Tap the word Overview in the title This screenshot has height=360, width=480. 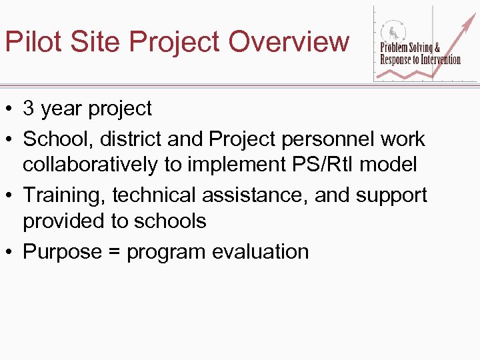tap(288, 41)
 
